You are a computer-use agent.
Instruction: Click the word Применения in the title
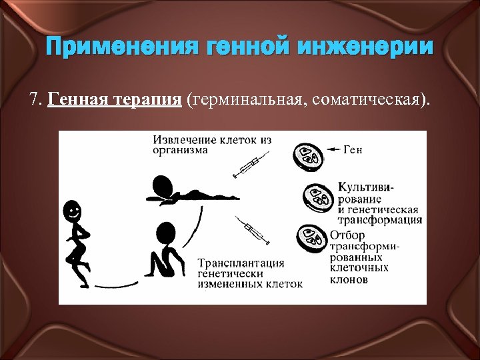tap(109, 47)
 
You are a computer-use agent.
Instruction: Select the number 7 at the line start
tap(34, 100)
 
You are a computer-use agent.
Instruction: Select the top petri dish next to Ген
tap(308, 156)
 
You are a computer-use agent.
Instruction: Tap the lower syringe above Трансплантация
tap(251, 229)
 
